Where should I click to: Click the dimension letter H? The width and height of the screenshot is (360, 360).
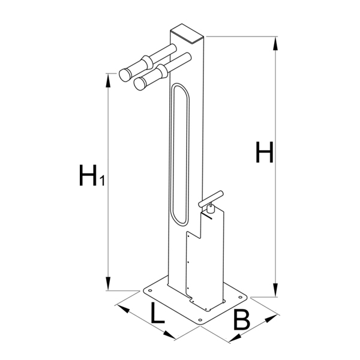265,152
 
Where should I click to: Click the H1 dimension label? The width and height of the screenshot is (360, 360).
92,175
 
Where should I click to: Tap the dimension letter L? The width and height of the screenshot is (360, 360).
157,313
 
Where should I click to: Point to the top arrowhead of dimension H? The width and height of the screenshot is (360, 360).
275,43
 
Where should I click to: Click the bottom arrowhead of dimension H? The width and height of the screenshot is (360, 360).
275,290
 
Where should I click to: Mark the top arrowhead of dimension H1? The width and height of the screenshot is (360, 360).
107,80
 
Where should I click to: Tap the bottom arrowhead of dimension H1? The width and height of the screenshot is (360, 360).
108,284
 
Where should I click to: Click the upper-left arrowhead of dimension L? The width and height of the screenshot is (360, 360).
123,308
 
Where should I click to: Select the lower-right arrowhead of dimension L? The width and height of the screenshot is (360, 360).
169,335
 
